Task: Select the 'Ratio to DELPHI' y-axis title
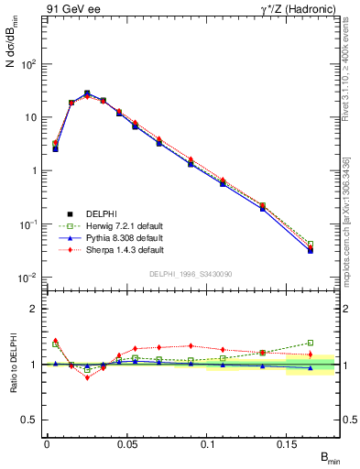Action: tap(12, 364)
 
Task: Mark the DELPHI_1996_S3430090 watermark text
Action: tap(190, 273)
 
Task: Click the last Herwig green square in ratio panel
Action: tap(311, 343)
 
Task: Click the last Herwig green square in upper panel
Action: tap(311, 245)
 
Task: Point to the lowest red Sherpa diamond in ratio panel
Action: tap(88, 377)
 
